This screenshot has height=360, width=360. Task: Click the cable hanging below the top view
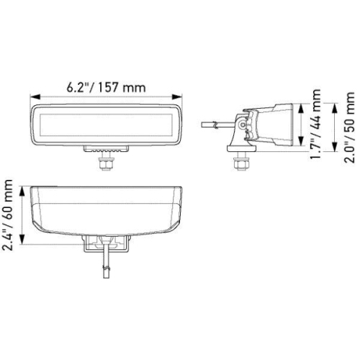tap(106, 263)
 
